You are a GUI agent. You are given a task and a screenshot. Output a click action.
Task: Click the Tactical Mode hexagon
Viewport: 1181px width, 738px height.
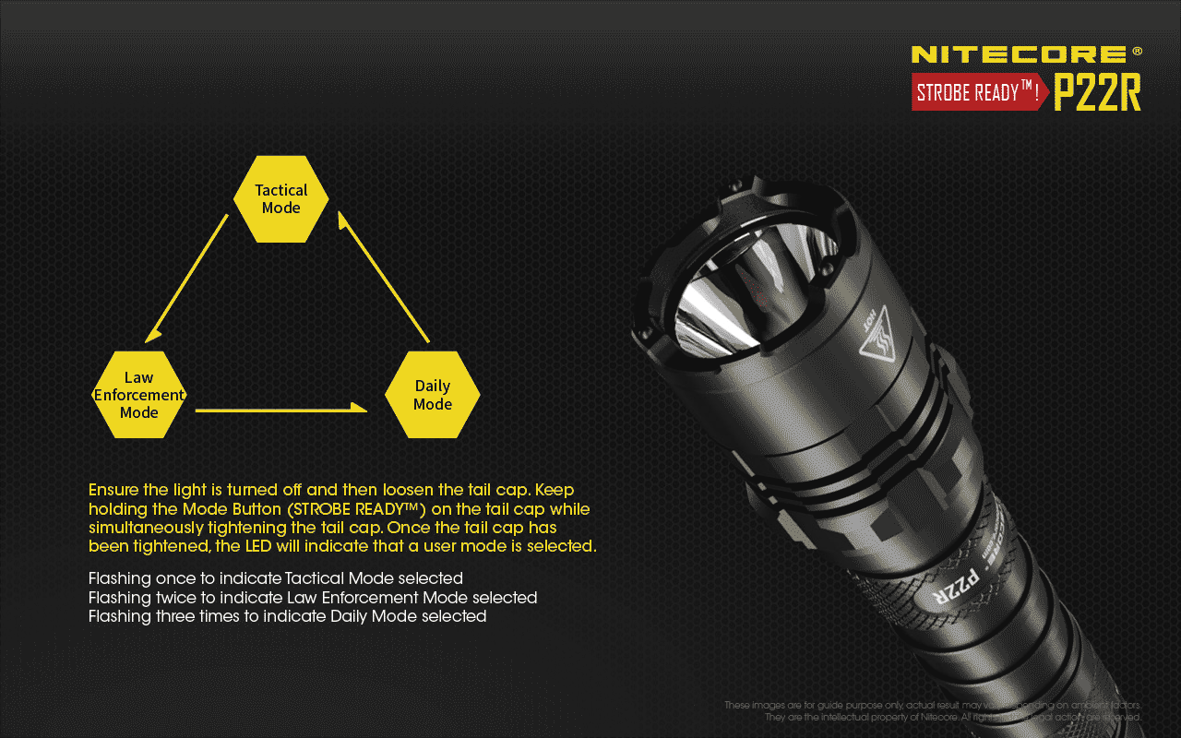tap(280, 198)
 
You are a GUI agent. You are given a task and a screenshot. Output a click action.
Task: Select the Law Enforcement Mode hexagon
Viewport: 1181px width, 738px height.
tap(139, 395)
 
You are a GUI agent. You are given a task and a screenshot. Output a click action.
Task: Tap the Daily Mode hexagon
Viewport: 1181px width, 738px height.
tap(432, 395)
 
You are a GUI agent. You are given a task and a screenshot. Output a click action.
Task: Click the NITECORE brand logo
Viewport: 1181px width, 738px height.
tap(1019, 54)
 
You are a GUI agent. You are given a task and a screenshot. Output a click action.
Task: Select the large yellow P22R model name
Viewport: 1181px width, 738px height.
tap(1097, 92)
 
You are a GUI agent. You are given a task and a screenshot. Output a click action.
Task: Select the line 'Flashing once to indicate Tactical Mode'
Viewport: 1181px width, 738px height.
tap(275, 578)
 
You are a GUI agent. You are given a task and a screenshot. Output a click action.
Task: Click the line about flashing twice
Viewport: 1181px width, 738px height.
tap(312, 598)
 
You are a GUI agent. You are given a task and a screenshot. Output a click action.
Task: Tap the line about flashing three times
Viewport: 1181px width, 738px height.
tap(287, 616)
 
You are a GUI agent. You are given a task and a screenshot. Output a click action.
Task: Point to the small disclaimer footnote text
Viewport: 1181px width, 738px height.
tap(933, 711)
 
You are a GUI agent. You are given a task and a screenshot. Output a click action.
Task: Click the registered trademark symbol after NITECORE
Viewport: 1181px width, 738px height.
tap(1137, 51)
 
